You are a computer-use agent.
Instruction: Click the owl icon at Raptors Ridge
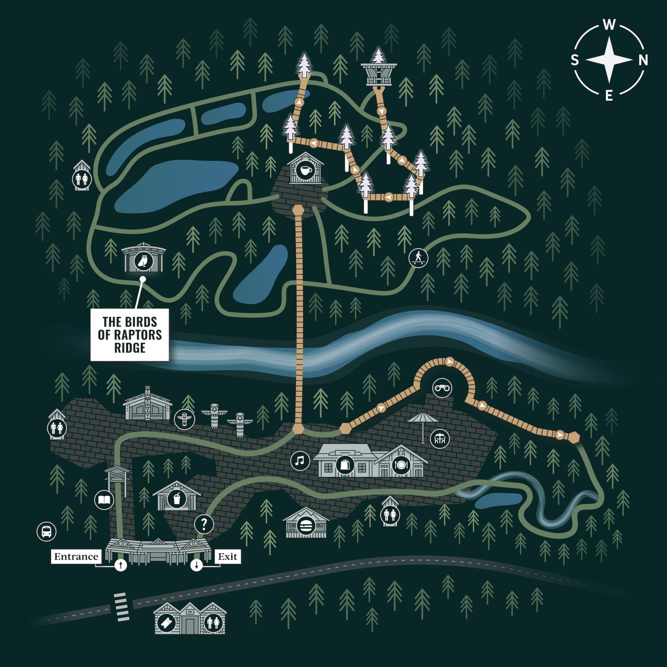tap(143, 261)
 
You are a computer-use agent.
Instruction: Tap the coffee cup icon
tap(305, 171)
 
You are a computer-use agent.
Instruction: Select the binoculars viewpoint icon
tap(442, 388)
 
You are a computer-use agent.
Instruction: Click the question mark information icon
tap(204, 524)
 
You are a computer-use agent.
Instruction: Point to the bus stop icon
tap(46, 531)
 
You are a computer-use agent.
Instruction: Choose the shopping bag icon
tap(345, 465)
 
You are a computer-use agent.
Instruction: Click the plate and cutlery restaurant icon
tap(401, 465)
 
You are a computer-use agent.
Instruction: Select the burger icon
tap(306, 525)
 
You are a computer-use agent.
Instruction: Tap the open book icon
tap(104, 500)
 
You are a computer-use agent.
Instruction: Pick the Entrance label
tap(76, 557)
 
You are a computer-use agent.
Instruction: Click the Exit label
tap(228, 557)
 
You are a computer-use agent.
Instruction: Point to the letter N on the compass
tap(643, 60)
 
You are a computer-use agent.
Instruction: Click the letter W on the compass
tap(609, 25)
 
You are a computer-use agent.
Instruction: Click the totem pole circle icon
tap(184, 419)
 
